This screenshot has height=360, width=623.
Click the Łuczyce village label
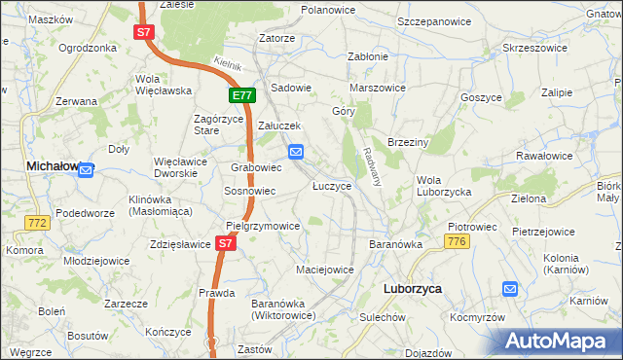(x=331, y=186)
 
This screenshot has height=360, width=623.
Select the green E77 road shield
(x=242, y=95)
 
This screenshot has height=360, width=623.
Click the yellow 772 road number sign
(x=38, y=223)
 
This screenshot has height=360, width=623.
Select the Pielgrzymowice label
(x=263, y=225)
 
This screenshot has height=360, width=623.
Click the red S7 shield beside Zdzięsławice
(x=226, y=243)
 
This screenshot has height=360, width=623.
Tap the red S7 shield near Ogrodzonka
(x=144, y=32)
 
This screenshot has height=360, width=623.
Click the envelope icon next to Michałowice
(x=86, y=170)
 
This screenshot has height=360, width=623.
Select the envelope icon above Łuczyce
(x=297, y=151)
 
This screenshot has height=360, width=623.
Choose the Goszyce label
(x=481, y=97)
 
